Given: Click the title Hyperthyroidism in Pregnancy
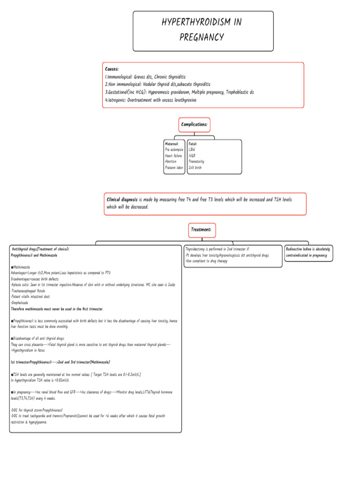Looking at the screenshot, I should point(202,30).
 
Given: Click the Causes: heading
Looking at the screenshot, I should point(112,69).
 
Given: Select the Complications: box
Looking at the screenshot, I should point(194,125).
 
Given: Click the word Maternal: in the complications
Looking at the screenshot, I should point(172,143).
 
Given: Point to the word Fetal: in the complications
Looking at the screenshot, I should point(193,143).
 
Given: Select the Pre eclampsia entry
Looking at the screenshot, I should point(174,150).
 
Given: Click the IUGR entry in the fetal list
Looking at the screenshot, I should point(192,156).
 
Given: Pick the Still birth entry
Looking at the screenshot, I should point(195,167).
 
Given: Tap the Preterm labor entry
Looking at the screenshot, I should point(174,167).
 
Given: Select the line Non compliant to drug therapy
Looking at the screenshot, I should point(206,261).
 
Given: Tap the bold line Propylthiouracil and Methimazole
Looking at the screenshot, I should point(34,255).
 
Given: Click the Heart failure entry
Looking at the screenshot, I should point(173,156).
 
